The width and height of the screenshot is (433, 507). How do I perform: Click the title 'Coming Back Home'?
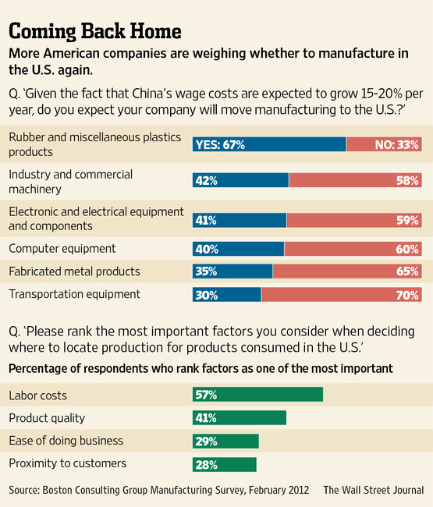point(95,31)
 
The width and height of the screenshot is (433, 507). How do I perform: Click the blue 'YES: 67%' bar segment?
point(269,144)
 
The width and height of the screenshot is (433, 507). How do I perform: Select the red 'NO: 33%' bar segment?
point(384,144)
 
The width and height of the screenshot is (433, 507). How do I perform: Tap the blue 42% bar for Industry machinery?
point(240,180)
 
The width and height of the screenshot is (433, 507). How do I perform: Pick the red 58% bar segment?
point(355,180)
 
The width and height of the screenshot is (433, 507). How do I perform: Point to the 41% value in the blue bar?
point(206,220)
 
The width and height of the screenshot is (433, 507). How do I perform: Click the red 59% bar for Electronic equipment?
point(354,220)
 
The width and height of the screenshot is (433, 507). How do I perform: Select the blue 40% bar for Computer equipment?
point(238,249)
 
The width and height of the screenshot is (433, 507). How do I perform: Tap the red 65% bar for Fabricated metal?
point(347,271)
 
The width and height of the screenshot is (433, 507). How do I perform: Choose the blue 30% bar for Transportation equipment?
point(227,294)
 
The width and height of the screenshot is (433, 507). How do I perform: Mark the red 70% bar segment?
point(342,294)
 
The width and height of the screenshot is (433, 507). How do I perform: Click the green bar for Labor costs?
point(257,395)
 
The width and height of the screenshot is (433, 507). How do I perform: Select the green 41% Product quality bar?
point(239,418)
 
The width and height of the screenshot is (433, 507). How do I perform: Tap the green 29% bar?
point(225,441)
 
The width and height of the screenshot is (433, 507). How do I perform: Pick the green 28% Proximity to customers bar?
point(225,464)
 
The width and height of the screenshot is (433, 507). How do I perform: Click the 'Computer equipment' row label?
point(62,249)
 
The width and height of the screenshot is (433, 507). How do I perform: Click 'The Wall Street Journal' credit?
point(374,490)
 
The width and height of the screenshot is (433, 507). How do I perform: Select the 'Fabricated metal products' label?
point(74,271)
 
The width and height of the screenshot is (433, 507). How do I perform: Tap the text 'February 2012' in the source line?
point(275,490)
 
